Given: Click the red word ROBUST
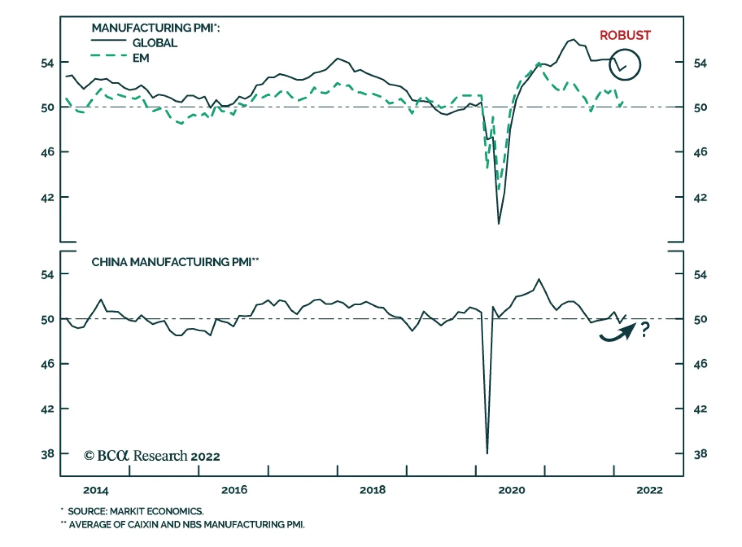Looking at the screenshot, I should (625, 35).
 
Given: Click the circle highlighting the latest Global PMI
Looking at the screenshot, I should (625, 65).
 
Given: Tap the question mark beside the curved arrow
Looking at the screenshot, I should (645, 329).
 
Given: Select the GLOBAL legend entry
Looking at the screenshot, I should (154, 43).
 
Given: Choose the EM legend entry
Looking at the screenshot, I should (141, 58).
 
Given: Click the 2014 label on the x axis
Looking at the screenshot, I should (96, 490).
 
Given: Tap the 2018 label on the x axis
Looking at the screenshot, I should (372, 490).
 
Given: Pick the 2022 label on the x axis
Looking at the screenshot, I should (649, 490).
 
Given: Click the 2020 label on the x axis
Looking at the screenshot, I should (512, 490).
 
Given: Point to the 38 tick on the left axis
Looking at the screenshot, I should (47, 454).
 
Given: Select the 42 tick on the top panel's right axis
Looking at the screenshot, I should (700, 197).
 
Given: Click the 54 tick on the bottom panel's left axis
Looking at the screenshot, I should (47, 275).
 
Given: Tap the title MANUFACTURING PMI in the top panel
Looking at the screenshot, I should (155, 28).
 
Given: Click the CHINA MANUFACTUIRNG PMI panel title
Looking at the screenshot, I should (174, 262).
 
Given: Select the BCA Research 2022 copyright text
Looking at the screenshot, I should (152, 456).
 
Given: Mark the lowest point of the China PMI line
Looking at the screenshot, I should (487, 453).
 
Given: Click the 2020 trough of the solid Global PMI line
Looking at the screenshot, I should (499, 224).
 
